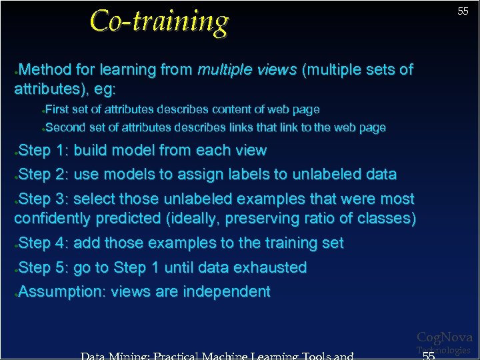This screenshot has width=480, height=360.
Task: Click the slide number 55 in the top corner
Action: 463,11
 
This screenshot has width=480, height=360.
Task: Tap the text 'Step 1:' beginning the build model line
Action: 44,151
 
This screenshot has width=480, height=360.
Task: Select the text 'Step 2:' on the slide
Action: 44,175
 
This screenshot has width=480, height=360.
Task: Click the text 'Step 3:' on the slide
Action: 44,199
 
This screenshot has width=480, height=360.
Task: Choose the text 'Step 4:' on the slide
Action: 44,243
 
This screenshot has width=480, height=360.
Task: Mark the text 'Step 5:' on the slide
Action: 44,268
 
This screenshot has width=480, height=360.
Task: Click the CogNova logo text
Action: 444,338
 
